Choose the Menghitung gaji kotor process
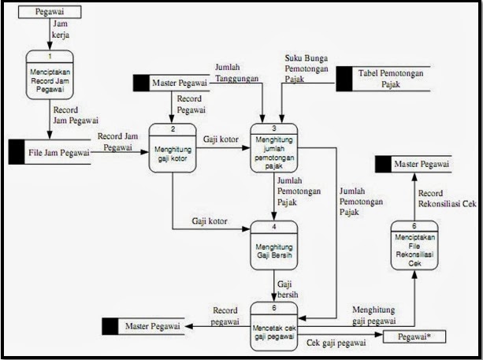(x=172, y=150)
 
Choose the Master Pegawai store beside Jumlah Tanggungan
(x=171, y=80)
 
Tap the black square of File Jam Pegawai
(x=17, y=152)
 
